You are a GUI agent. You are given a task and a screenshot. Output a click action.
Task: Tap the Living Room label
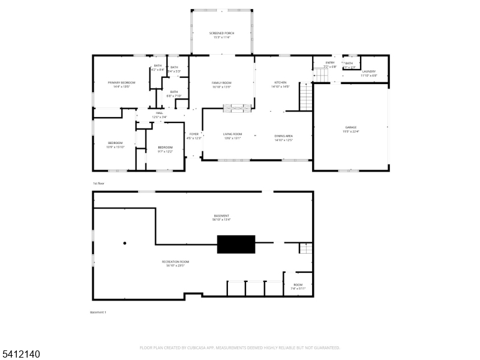(x=232, y=136)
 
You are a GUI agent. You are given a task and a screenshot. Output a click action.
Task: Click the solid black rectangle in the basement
(x=236, y=244)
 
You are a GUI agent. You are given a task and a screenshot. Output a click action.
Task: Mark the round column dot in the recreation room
(x=125, y=243)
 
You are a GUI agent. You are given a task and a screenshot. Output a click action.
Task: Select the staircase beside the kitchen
(x=306, y=97)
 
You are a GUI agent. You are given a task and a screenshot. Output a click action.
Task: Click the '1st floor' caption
(x=98, y=183)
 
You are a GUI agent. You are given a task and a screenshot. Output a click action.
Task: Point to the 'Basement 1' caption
(x=98, y=313)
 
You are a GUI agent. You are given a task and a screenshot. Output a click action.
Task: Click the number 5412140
(x=21, y=355)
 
